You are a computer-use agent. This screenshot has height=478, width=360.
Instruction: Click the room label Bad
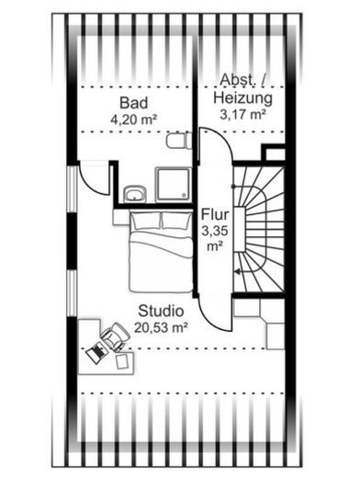pyautogui.click(x=133, y=103)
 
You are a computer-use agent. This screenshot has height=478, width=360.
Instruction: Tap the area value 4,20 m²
pyautogui.click(x=134, y=119)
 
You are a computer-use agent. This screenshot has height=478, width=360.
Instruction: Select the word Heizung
pyautogui.click(x=242, y=98)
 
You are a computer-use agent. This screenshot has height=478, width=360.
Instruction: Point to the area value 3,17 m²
pyautogui.click(x=242, y=114)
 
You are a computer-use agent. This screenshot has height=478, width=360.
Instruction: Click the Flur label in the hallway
pyautogui.click(x=215, y=214)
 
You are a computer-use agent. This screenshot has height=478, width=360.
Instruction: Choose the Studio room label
pyautogui.click(x=161, y=311)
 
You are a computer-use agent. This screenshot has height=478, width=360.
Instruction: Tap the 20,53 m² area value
pyautogui.click(x=161, y=328)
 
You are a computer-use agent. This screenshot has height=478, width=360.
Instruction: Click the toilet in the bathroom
pyautogui.click(x=179, y=141)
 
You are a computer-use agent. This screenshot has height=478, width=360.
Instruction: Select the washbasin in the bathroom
pyautogui.click(x=135, y=194)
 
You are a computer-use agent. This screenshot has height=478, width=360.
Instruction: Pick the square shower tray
pyautogui.click(x=174, y=185)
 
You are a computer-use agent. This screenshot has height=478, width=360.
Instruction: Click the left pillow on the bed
pyautogui.click(x=146, y=221)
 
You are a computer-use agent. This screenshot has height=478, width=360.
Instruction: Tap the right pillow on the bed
pyautogui.click(x=176, y=221)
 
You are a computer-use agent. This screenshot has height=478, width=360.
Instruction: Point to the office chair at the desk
pyautogui.click(x=115, y=336)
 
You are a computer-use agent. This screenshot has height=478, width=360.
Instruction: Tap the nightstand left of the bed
pyautogui.click(x=121, y=217)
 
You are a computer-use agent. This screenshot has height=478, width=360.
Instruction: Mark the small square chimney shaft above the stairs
pyautogui.click(x=275, y=154)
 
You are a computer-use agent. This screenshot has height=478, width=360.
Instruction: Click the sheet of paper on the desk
pyautogui.click(x=123, y=361)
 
